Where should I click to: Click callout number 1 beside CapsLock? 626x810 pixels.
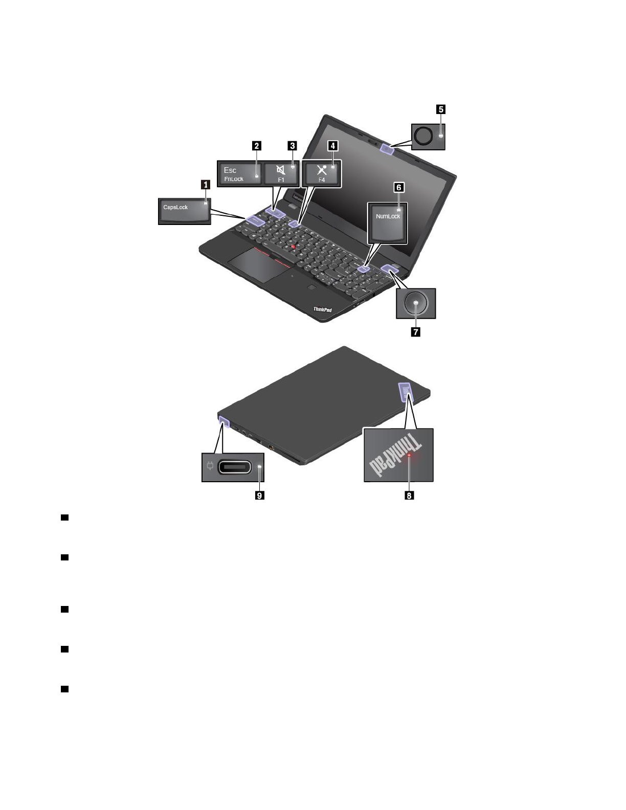[206, 185]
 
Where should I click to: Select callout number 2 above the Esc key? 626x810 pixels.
[257, 146]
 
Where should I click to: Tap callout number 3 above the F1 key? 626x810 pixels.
[292, 146]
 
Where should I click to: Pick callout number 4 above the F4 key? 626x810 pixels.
[332, 146]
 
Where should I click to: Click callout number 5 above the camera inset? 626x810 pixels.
[440, 109]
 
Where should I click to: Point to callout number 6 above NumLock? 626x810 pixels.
[398, 188]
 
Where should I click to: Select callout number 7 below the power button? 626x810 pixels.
[415, 332]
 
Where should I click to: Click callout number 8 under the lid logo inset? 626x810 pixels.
[409, 496]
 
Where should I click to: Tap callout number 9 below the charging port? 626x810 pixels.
[260, 496]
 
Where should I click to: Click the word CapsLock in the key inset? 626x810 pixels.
[175, 207]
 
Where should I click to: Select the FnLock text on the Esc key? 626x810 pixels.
[234, 179]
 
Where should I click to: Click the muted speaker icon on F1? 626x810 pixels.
[280, 169]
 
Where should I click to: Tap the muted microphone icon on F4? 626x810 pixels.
[322, 169]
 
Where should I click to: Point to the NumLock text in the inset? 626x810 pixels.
[388, 216]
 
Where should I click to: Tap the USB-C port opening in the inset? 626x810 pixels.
[235, 467]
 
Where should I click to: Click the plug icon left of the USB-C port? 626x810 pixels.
[210, 466]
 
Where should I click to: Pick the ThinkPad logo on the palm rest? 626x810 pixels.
[322, 309]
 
